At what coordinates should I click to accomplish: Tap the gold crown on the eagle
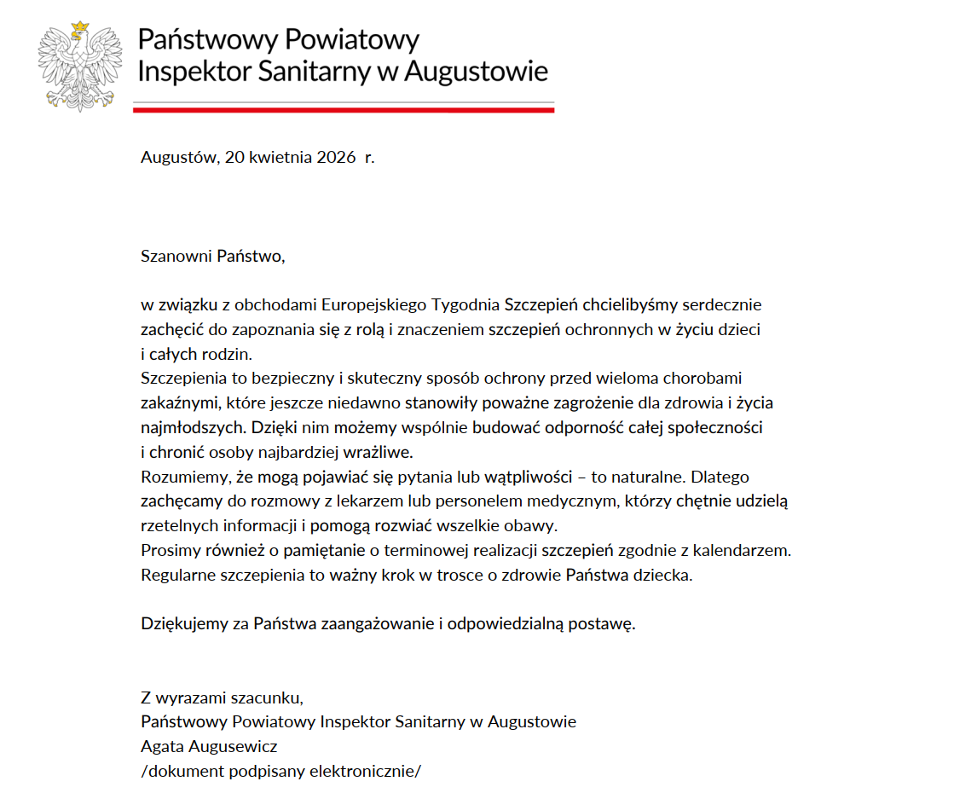81,28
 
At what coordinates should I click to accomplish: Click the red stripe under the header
344,110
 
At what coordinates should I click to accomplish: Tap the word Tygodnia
466,304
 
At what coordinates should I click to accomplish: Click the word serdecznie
719,304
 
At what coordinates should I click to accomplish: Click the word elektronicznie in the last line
362,772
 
